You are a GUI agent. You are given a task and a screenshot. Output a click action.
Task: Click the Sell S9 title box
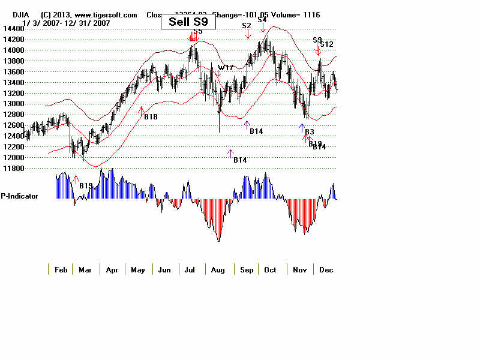188,22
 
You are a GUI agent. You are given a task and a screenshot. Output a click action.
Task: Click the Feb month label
60,270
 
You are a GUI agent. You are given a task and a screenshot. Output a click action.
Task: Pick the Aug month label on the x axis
218,270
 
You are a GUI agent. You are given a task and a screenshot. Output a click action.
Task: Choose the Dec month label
326,270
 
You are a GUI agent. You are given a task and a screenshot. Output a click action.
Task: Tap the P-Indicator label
19,196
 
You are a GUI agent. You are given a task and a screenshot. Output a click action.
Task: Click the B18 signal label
151,116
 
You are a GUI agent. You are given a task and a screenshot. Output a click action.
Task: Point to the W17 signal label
226,68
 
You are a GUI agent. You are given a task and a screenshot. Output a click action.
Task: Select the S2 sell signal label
247,26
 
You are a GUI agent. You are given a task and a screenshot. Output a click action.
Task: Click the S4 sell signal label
262,20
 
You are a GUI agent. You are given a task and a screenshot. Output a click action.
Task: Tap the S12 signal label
326,44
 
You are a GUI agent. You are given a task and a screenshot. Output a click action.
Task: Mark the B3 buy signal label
310,131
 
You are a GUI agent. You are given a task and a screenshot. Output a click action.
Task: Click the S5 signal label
198,31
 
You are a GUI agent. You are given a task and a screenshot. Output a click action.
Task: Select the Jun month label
164,270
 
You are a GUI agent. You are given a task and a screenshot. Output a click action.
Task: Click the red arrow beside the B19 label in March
76,178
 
